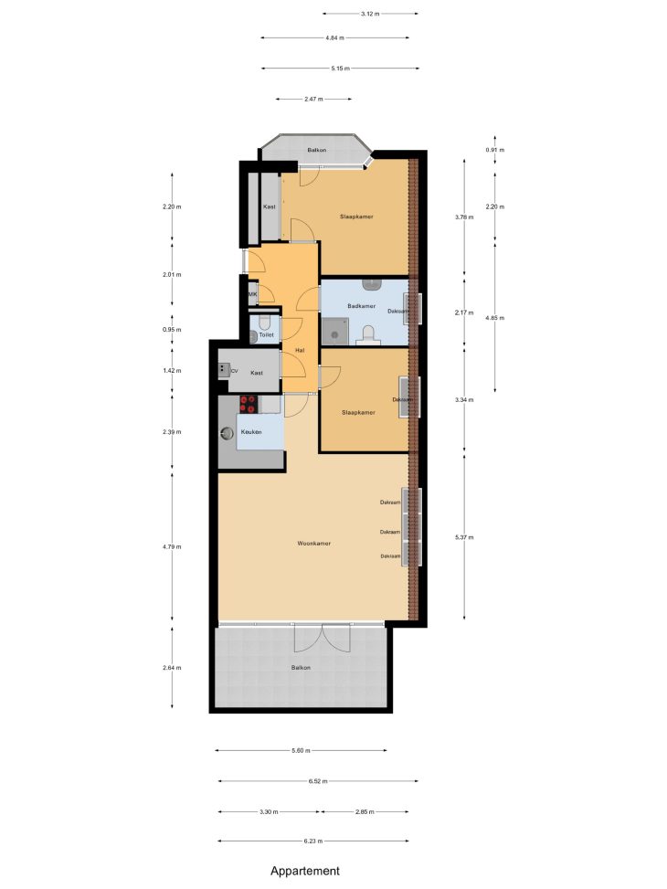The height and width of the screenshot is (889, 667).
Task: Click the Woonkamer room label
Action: pyautogui.click(x=313, y=543)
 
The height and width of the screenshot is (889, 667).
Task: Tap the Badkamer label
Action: pyautogui.click(x=361, y=306)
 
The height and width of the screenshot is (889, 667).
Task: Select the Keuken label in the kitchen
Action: pyautogui.click(x=251, y=432)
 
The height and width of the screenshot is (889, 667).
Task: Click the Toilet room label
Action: pyautogui.click(x=266, y=335)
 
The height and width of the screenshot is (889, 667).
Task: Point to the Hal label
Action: pyautogui.click(x=300, y=350)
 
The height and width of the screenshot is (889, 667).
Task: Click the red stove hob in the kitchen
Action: pyautogui.click(x=248, y=404)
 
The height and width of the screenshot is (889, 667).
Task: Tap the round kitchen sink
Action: pyautogui.click(x=227, y=433)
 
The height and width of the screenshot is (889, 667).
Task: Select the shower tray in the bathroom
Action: pyautogui.click(x=334, y=331)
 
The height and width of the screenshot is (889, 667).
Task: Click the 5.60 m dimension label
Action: pyautogui.click(x=301, y=751)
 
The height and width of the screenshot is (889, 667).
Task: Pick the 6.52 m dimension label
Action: pyautogui.click(x=318, y=781)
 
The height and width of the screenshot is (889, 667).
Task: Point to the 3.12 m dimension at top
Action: pyautogui.click(x=370, y=14)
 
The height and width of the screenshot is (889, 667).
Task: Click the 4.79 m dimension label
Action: pyautogui.click(x=172, y=547)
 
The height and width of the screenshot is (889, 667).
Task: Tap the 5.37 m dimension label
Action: pyautogui.click(x=464, y=537)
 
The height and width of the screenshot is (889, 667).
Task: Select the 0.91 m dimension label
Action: pyautogui.click(x=494, y=150)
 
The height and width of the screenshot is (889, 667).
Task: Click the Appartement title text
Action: pyautogui.click(x=305, y=871)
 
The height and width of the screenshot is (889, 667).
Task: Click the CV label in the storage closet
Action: pyautogui.click(x=234, y=371)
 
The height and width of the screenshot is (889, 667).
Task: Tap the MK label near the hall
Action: pyautogui.click(x=252, y=295)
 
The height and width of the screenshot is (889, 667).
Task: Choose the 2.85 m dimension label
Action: pyautogui.click(x=365, y=812)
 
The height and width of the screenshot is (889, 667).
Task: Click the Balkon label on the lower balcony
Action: pyautogui.click(x=301, y=668)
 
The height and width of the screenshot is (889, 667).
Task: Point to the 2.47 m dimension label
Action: pyautogui.click(x=313, y=100)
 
